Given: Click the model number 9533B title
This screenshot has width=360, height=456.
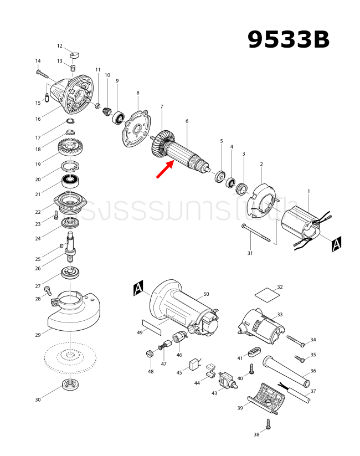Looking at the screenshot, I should point(288,39).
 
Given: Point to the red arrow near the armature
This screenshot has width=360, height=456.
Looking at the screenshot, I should point(166,170).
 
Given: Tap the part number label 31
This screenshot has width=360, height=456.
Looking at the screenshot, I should point(250,253).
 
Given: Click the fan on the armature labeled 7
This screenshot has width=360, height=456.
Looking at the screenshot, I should point(161,144).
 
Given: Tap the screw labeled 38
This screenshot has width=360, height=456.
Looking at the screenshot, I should point(269,424).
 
